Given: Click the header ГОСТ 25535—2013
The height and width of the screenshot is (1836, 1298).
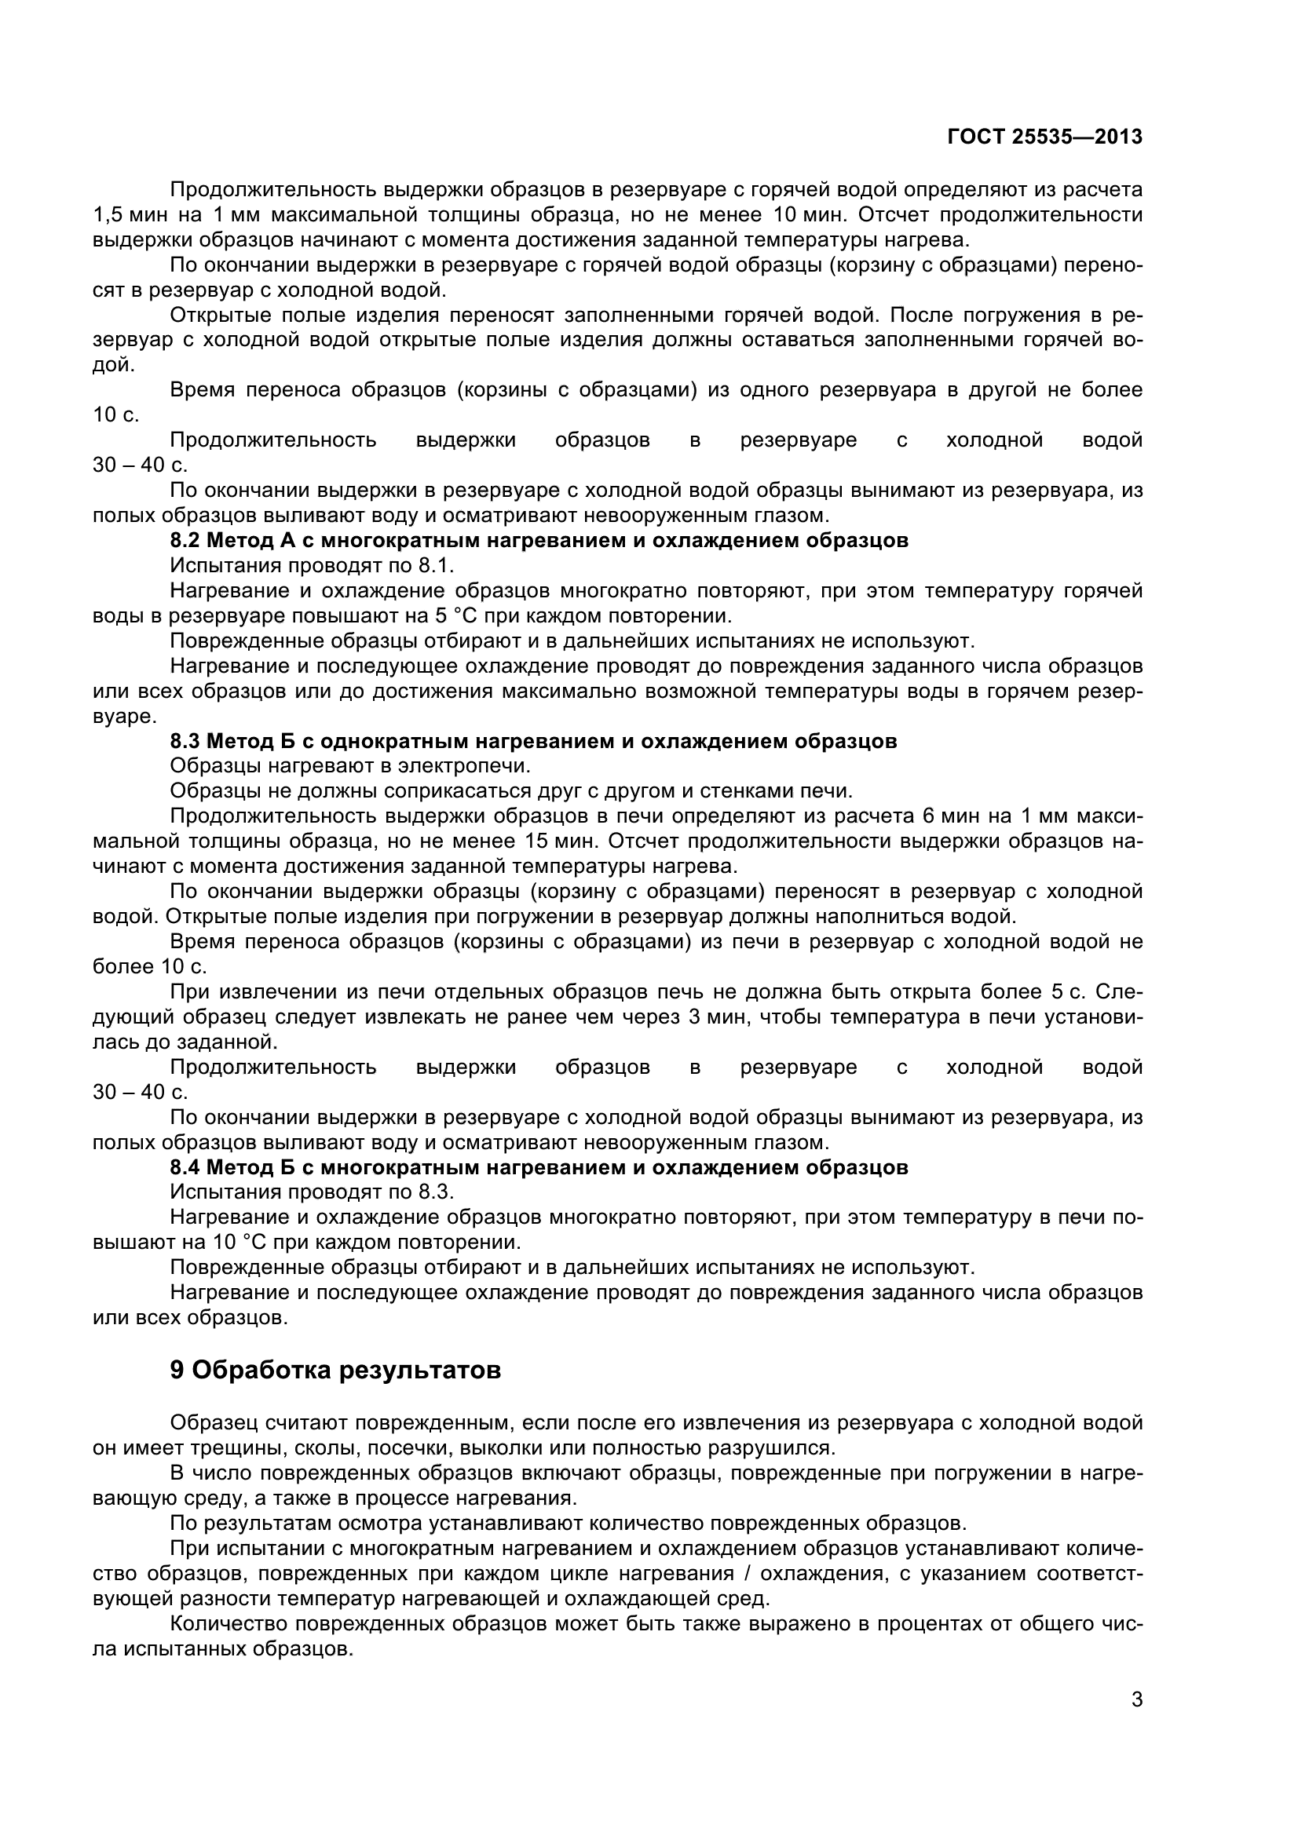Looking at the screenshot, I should [x=1044, y=137].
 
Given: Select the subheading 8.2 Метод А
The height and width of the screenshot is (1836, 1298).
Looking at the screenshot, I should [x=538, y=540].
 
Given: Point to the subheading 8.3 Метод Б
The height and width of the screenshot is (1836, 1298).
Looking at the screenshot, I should [x=532, y=740].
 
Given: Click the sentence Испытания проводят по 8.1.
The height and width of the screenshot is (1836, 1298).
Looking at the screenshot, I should [x=312, y=565].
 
